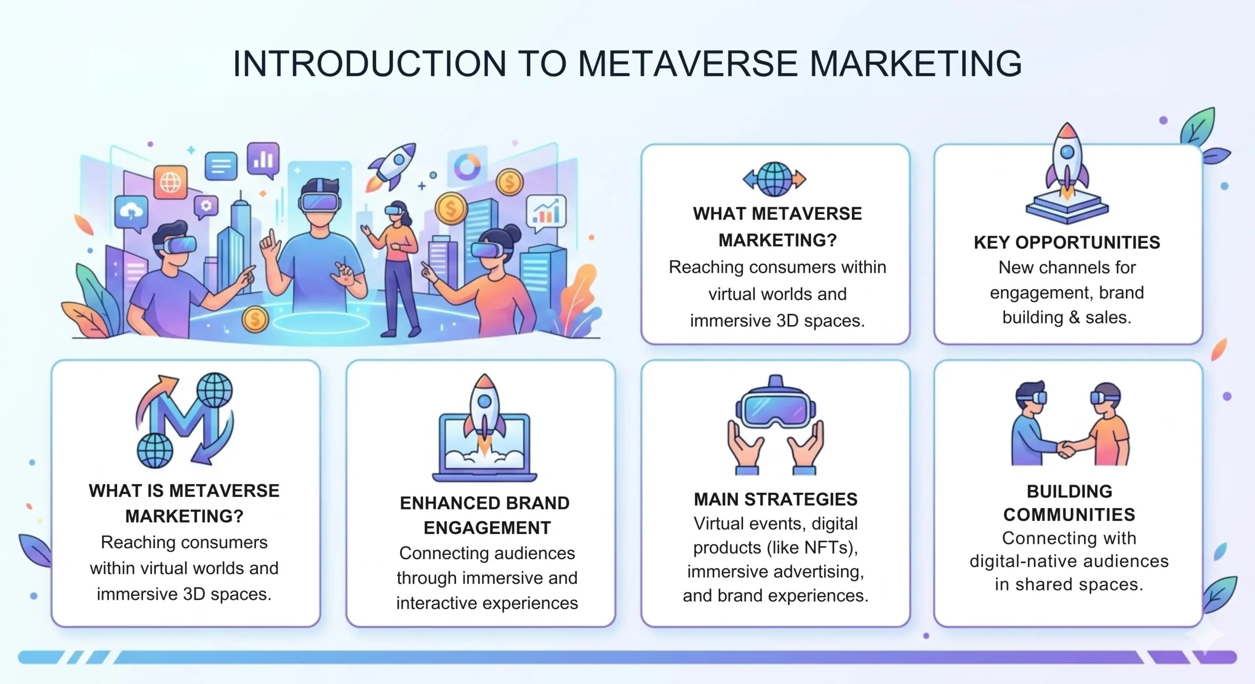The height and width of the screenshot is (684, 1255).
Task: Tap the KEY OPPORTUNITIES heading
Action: tap(1067, 243)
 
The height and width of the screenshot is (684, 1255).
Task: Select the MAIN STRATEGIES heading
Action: tap(776, 499)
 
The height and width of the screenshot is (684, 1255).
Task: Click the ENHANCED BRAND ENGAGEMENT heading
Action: tap(485, 515)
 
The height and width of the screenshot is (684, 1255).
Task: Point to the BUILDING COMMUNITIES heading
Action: tap(1069, 503)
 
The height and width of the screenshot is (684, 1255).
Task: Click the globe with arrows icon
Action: tap(775, 179)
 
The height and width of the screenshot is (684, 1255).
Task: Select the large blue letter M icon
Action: tap(184, 416)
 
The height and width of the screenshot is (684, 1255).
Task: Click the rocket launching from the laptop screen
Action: tap(484, 412)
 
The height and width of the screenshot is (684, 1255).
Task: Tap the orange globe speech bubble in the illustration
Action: tap(170, 183)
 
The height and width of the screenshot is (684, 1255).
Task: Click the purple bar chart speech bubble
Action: tap(263, 159)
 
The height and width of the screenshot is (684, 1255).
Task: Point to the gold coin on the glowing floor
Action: tap(255, 319)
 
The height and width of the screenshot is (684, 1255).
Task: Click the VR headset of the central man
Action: tap(320, 201)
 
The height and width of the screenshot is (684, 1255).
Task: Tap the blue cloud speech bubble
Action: tap(131, 212)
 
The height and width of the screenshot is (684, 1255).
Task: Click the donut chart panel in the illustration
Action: tap(467, 167)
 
